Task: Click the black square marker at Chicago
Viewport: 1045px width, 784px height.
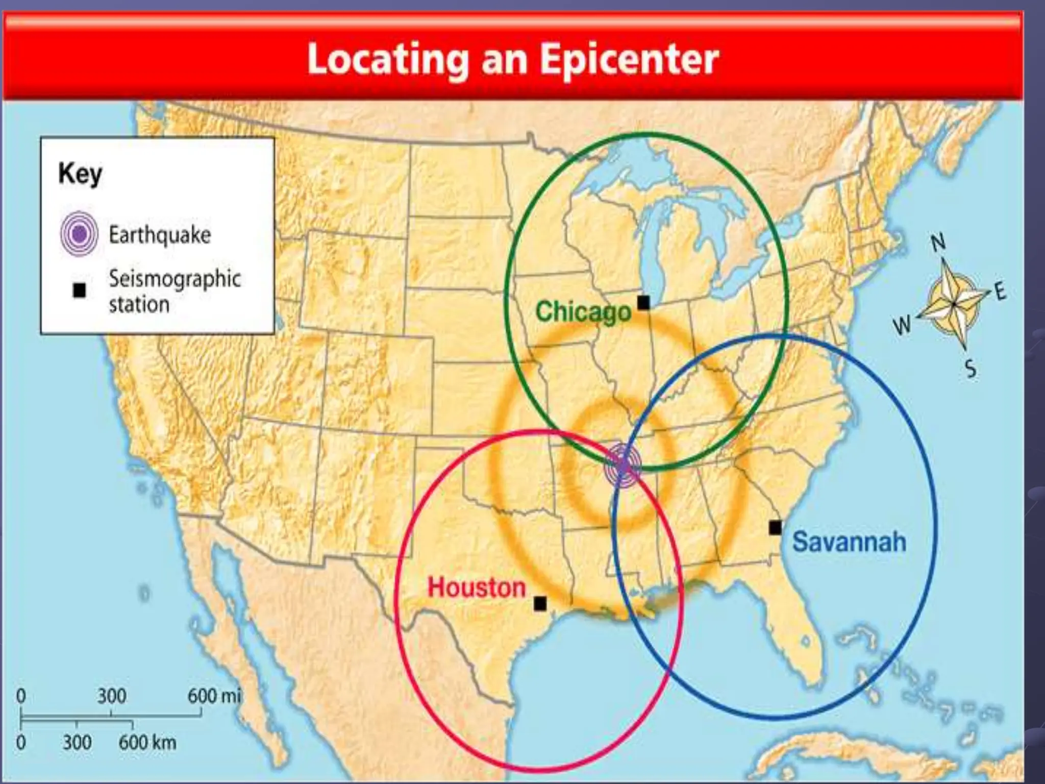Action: (x=644, y=303)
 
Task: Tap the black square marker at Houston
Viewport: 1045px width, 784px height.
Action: (x=540, y=604)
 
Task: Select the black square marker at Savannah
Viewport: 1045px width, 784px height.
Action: (x=775, y=528)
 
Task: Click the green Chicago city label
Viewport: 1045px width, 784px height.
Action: (x=583, y=311)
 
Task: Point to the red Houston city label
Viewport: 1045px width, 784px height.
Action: (x=476, y=587)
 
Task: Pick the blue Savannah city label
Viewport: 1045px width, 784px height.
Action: (x=849, y=542)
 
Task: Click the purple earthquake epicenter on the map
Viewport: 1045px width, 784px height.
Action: (x=622, y=465)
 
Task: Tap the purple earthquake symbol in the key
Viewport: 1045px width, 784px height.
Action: (x=79, y=234)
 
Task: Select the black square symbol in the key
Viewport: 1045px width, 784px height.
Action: (x=79, y=290)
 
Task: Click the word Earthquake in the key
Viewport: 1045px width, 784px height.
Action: (x=160, y=235)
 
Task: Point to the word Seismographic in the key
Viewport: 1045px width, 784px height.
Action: (x=175, y=279)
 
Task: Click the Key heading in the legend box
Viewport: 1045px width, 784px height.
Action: (x=80, y=174)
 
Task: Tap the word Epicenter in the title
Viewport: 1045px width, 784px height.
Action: (x=629, y=60)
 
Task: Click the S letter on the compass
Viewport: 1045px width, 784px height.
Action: (x=971, y=368)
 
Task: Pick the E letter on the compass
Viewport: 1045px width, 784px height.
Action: (x=1000, y=291)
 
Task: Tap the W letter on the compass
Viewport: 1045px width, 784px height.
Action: (x=902, y=325)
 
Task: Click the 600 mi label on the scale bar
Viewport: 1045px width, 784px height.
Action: (x=214, y=696)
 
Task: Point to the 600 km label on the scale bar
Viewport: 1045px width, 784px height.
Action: (x=147, y=742)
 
